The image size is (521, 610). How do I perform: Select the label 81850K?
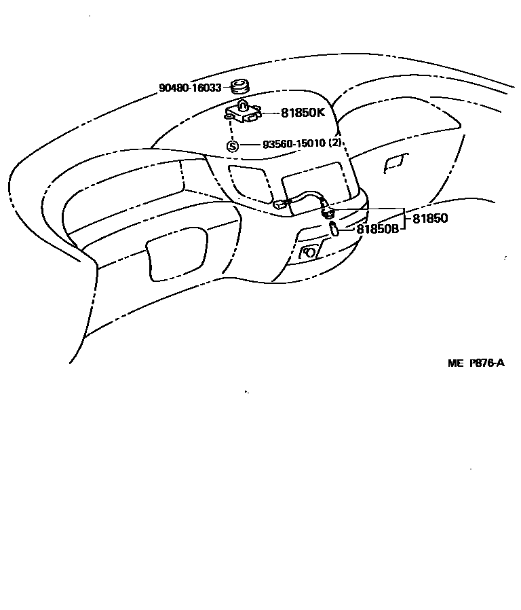click(303, 113)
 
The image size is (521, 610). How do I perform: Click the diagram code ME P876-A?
click(476, 363)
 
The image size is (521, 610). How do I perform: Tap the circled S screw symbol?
click(232, 145)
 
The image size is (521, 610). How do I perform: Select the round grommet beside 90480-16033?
click(239, 87)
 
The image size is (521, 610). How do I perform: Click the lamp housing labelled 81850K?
click(245, 111)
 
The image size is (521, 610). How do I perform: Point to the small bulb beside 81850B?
click(333, 229)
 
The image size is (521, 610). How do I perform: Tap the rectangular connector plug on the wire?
click(279, 204)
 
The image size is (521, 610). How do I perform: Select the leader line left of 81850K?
click(271, 113)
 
